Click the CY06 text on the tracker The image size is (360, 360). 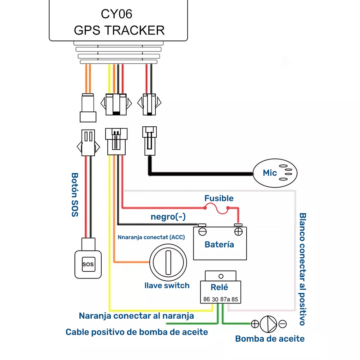(x=116, y=14)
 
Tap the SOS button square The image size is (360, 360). (x=88, y=264)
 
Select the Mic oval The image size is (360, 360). (x=275, y=173)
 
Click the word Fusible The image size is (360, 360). (x=219, y=198)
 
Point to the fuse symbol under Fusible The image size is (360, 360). (x=216, y=210)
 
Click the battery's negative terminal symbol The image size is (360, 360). (x=202, y=232)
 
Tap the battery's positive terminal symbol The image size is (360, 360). (x=238, y=232)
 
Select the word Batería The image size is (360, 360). (x=219, y=245)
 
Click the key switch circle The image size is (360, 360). (x=168, y=263)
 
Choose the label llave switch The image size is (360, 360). (x=167, y=286)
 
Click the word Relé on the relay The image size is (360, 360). (x=219, y=287)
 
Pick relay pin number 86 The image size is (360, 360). (x=206, y=299)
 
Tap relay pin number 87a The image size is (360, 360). (x=225, y=299)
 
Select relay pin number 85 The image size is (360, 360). (x=235, y=299)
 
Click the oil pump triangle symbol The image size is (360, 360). (x=268, y=324)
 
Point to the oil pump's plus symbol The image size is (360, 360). (x=255, y=324)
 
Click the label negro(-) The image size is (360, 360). (x=168, y=216)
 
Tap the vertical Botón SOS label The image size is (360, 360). (x=75, y=195)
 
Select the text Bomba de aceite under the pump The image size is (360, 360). (x=270, y=339)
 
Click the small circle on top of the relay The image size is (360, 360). (x=221, y=276)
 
